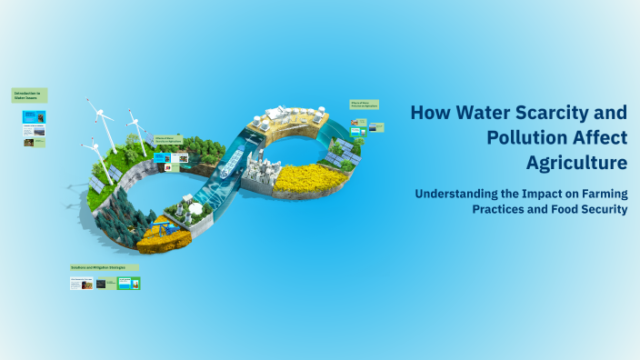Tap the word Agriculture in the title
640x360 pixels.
click(576, 164)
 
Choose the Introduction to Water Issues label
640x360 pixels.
click(29, 95)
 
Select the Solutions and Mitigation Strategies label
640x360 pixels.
click(103, 267)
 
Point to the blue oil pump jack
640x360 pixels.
click(161, 223)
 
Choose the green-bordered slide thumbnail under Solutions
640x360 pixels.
click(128, 284)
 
